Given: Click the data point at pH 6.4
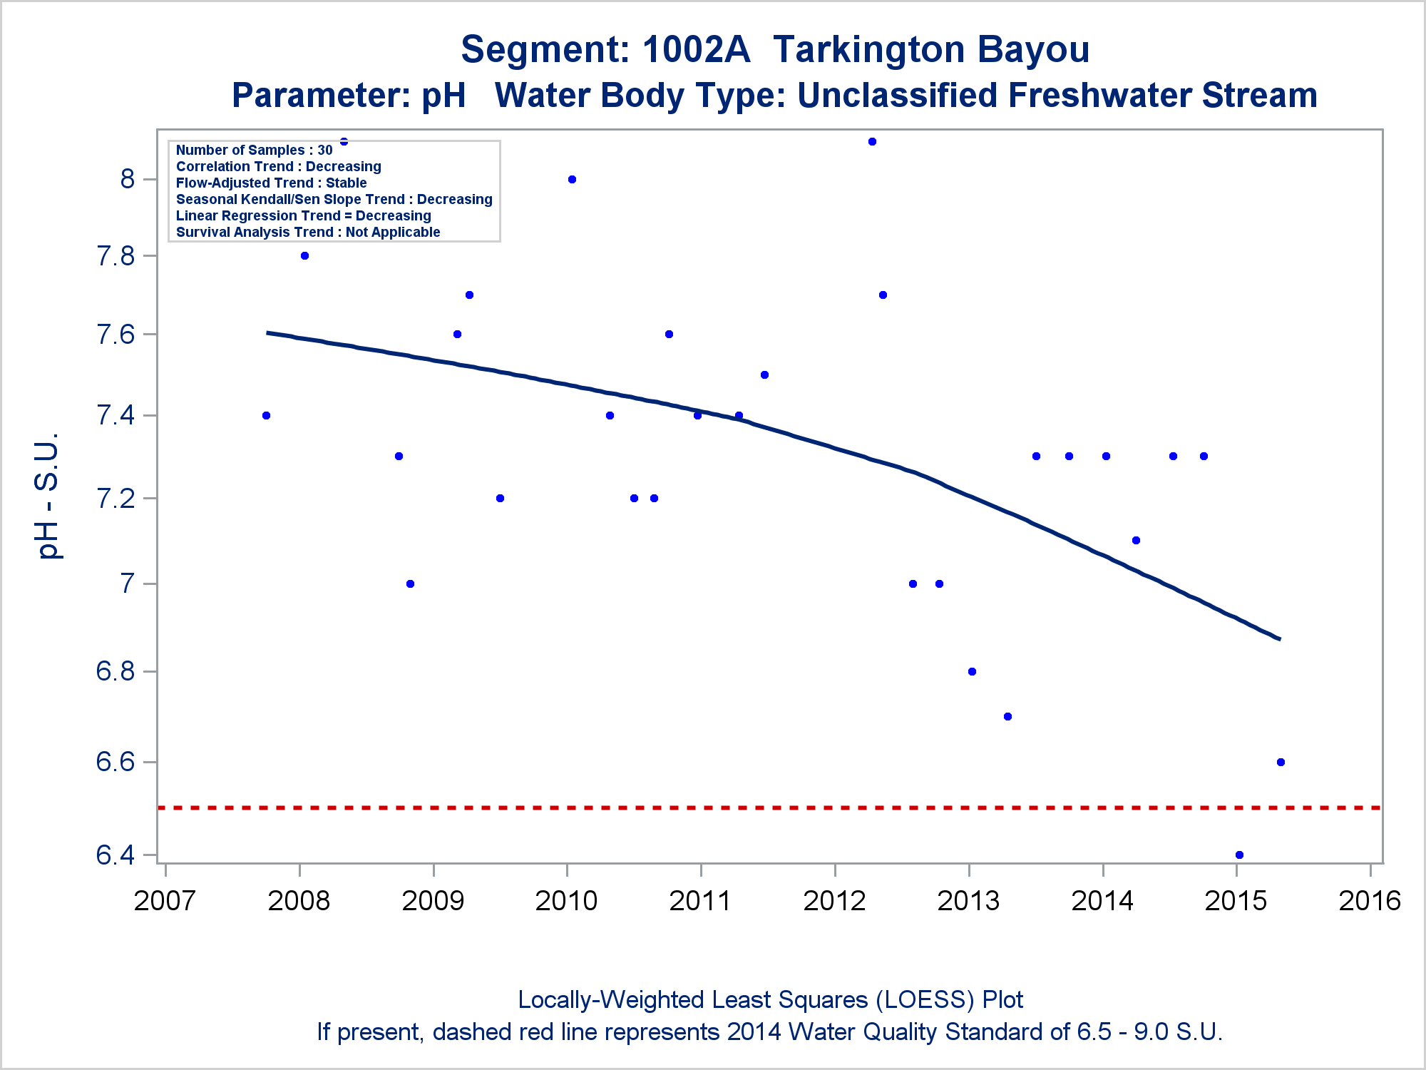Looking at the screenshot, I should [1239, 855].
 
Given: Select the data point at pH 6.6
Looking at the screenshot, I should [1281, 762].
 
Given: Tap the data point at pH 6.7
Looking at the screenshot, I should [1007, 716].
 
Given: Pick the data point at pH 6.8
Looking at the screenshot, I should [972, 671].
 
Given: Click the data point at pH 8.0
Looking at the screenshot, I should [572, 179].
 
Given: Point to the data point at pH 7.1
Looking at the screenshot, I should [1136, 540].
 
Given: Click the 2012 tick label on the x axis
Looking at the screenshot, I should [834, 901].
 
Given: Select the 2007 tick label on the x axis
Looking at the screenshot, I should [165, 901].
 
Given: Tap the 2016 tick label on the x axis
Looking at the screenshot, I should [1370, 901].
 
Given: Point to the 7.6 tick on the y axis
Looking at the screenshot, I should [116, 334].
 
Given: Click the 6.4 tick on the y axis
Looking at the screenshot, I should [116, 855].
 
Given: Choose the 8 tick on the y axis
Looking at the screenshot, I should [128, 179].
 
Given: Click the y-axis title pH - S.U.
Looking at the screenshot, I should [48, 496].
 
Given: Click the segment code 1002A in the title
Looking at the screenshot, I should [696, 49].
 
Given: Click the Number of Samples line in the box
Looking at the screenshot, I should [254, 150].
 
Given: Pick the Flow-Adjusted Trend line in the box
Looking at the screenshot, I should [271, 183].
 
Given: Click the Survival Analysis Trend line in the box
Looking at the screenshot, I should [308, 232].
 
